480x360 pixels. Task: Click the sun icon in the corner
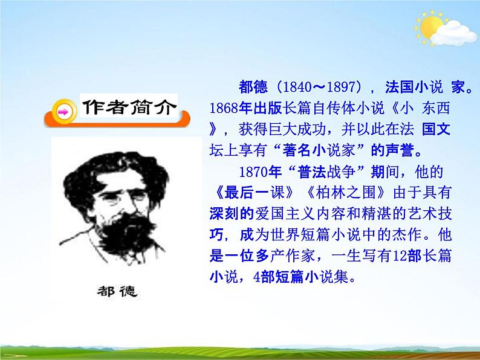pos(430,27)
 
